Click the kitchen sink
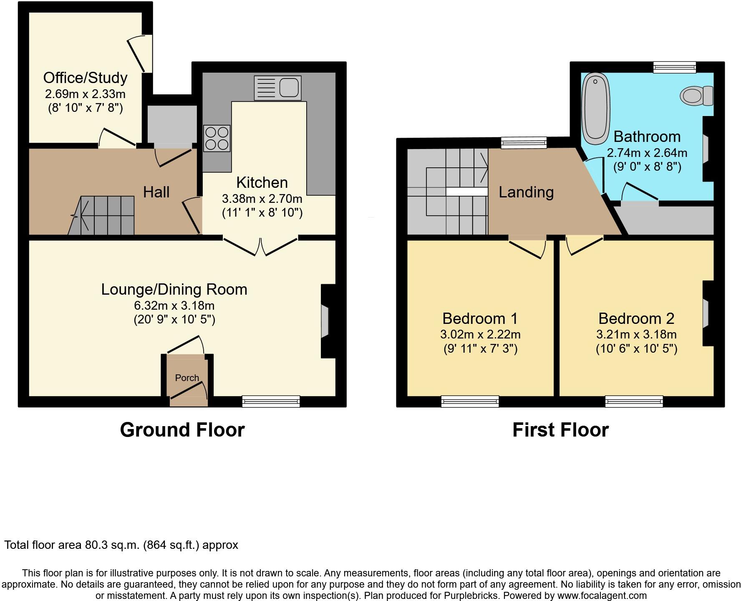click(x=277, y=88)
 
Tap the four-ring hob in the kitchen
click(x=217, y=138)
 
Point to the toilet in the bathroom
click(x=696, y=96)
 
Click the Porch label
click(x=187, y=378)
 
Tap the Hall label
click(x=156, y=192)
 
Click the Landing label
click(x=526, y=192)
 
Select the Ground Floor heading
click(x=182, y=430)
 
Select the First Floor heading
click(x=560, y=430)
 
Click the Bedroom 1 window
click(x=470, y=402)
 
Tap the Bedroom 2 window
click(x=634, y=402)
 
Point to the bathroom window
click(x=674, y=67)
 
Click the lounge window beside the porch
click(x=271, y=402)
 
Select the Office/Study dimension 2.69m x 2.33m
click(x=85, y=93)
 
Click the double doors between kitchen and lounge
click(x=261, y=246)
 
